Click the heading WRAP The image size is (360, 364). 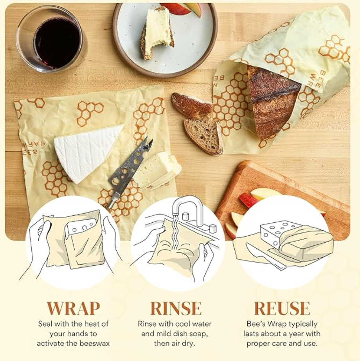coord(73,308)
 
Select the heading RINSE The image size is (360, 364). coord(176,308)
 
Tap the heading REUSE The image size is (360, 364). coord(282,308)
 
